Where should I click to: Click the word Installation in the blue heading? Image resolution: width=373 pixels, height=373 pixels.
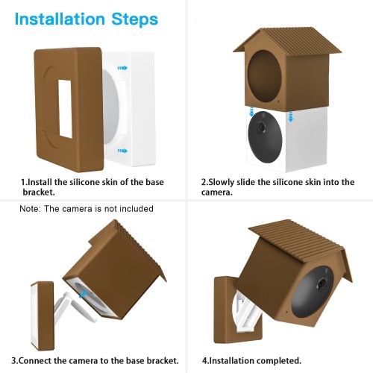[x=60, y=19]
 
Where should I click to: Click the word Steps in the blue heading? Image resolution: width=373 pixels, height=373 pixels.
[x=135, y=19]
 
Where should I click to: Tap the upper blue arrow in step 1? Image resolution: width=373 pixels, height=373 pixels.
[x=122, y=68]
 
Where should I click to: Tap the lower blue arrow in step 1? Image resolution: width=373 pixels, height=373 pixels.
[x=122, y=151]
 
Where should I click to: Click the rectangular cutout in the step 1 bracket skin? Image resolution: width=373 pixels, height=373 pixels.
[x=66, y=109]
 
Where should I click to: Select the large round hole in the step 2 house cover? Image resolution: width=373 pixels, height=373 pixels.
[x=264, y=75]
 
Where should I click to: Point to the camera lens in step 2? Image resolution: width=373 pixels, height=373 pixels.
[x=261, y=127]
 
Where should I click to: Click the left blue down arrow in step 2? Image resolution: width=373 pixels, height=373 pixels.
[x=251, y=112]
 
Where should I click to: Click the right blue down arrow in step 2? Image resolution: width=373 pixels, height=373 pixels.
[x=291, y=116]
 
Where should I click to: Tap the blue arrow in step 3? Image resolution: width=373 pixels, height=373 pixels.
[x=84, y=295]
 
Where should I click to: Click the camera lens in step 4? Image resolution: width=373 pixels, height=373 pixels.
[x=322, y=283]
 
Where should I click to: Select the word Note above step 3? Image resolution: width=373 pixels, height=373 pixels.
[x=30, y=209]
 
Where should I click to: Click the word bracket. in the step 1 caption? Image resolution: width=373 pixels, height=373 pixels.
[x=39, y=192]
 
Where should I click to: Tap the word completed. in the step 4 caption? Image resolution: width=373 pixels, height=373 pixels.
[x=278, y=360]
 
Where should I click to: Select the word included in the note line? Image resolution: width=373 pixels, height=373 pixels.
[x=137, y=209]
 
